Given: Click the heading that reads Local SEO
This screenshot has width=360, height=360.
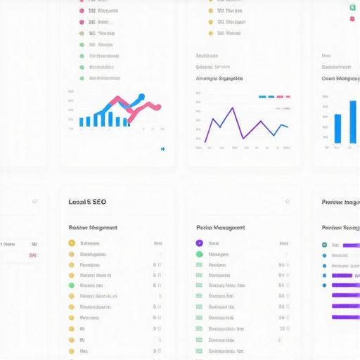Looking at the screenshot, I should pyautogui.click(x=87, y=202).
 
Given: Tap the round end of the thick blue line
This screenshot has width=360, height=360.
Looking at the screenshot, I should pyautogui.click(x=142, y=96).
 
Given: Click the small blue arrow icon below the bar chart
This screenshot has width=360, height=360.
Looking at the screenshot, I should pyautogui.click(x=163, y=149).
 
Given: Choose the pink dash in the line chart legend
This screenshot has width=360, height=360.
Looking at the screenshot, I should pyautogui.click(x=280, y=96).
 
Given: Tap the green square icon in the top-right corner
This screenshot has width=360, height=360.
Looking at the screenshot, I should pyautogui.click(x=352, y=6).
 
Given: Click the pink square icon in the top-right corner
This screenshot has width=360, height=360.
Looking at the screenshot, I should pyautogui.click(x=352, y=19).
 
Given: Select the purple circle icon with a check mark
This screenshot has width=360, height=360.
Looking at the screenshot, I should pyautogui.click(x=199, y=243).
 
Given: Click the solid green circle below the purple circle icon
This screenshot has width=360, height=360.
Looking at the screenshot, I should pyautogui.click(x=199, y=254).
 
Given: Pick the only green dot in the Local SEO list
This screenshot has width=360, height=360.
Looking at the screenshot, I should pyautogui.click(x=71, y=285).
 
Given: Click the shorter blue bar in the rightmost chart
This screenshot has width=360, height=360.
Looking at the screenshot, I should pyautogui.click(x=337, y=129).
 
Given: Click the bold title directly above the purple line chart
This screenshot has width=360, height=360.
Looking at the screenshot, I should pyautogui.click(x=224, y=79).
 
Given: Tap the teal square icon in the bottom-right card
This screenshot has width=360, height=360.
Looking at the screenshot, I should pyautogui.click(x=324, y=245).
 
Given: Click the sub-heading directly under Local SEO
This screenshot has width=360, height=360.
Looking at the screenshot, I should pyautogui.click(x=93, y=228).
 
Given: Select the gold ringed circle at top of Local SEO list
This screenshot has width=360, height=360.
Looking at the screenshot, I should pyautogui.click(x=71, y=243).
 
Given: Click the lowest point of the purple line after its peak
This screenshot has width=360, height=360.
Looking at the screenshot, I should pyautogui.click(x=244, y=138).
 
